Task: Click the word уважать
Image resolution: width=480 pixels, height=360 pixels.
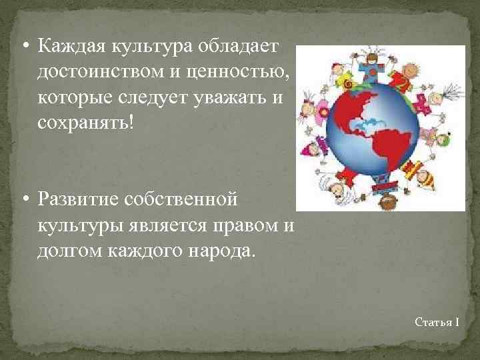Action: point(229,97)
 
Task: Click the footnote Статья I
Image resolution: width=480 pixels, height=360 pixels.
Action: point(437,322)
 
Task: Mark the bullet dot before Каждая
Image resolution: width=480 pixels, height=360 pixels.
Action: point(25,47)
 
